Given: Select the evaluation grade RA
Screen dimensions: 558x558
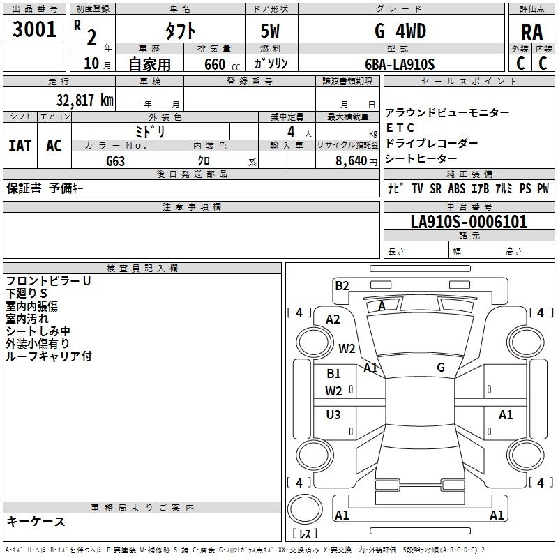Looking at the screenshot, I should click(x=531, y=32).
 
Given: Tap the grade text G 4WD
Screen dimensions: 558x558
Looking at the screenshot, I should click(x=400, y=31).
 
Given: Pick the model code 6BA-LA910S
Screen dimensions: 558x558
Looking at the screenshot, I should click(x=400, y=64).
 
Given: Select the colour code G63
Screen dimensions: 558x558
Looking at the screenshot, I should click(x=116, y=160).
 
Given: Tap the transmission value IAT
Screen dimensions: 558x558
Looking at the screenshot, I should click(x=20, y=146).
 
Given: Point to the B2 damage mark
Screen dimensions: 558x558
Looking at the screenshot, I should click(x=342, y=285).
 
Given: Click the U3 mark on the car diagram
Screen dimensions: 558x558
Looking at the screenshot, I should click(x=333, y=415).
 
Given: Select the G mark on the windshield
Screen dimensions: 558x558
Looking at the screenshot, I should click(x=441, y=368).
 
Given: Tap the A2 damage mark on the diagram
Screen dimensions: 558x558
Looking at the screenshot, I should click(x=333, y=319).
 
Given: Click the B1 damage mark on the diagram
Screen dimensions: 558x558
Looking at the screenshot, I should click(x=334, y=374).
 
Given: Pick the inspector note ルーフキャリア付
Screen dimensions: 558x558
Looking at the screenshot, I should click(x=49, y=356).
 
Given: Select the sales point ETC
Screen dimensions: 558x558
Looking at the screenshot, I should click(x=400, y=128).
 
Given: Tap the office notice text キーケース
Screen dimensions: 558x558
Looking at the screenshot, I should click(x=36, y=521).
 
